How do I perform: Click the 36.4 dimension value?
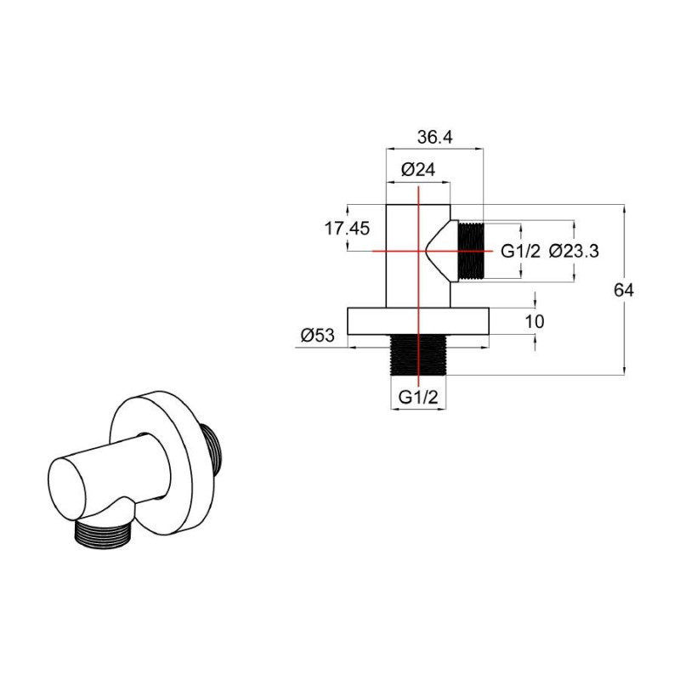pyautogui.click(x=434, y=138)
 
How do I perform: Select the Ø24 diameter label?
pyautogui.click(x=418, y=169)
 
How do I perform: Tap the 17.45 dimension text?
pyautogui.click(x=347, y=228)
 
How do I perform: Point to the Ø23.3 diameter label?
pyautogui.click(x=573, y=251)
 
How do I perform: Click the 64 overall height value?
pyautogui.click(x=624, y=290)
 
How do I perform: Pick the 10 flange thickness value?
pyautogui.click(x=535, y=322)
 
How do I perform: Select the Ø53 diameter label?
pyautogui.click(x=318, y=335)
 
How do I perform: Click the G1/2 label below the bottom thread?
pyautogui.click(x=418, y=397)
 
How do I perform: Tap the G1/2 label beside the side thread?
pyautogui.click(x=520, y=251)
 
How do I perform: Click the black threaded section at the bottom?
pyautogui.click(x=418, y=354)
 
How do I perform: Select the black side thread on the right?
pyautogui.click(x=471, y=251)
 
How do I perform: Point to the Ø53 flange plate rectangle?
pyautogui.click(x=418, y=321)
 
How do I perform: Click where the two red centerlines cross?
pyautogui.click(x=418, y=251)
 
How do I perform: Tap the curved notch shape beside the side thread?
pyautogui.click(x=439, y=251)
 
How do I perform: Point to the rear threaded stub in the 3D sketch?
pyautogui.click(x=214, y=448)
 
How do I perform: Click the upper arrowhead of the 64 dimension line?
pyautogui.click(x=624, y=209)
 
